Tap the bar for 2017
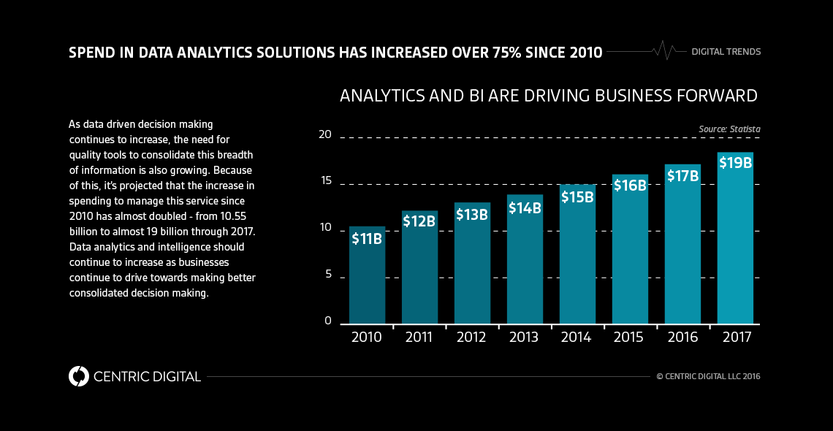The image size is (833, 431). click(x=735, y=241)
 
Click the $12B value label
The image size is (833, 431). click(x=419, y=221)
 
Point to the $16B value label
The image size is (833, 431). click(x=630, y=185)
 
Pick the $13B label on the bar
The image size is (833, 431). click(x=472, y=214)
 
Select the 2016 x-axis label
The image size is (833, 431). click(x=682, y=337)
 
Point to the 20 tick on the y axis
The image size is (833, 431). click(x=324, y=134)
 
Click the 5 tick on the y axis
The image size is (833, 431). click(x=327, y=275)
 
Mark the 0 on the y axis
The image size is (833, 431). click(x=327, y=321)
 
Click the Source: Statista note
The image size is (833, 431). click(x=729, y=129)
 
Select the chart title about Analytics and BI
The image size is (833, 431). click(x=548, y=96)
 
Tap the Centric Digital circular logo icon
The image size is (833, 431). click(x=78, y=376)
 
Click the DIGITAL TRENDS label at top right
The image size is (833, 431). click(x=726, y=52)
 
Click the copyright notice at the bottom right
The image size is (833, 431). click(x=708, y=377)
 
